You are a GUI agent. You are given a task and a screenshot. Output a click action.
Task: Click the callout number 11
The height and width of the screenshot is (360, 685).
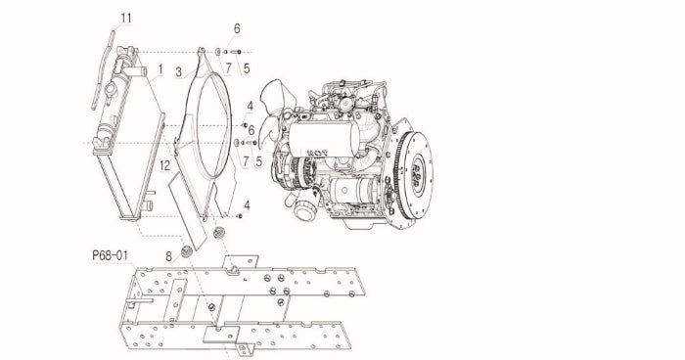pyautogui.click(x=126, y=19)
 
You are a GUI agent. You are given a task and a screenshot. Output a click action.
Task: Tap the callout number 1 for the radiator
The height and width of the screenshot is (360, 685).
pyautogui.click(x=160, y=69)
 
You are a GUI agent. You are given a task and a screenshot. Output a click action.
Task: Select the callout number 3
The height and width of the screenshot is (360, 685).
pyautogui.click(x=179, y=72)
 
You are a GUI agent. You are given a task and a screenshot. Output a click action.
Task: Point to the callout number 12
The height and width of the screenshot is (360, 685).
pyautogui.click(x=164, y=165)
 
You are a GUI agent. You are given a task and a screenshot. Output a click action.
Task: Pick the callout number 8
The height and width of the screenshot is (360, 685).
pyautogui.click(x=169, y=256)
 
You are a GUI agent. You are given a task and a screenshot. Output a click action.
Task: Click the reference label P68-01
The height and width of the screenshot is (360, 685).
pyautogui.click(x=110, y=255)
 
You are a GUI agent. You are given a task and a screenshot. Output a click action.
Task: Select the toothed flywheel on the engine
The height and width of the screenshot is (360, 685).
pyautogui.click(x=412, y=175)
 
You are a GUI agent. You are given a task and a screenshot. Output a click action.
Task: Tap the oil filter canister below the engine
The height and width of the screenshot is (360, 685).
pyautogui.click(x=304, y=209)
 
